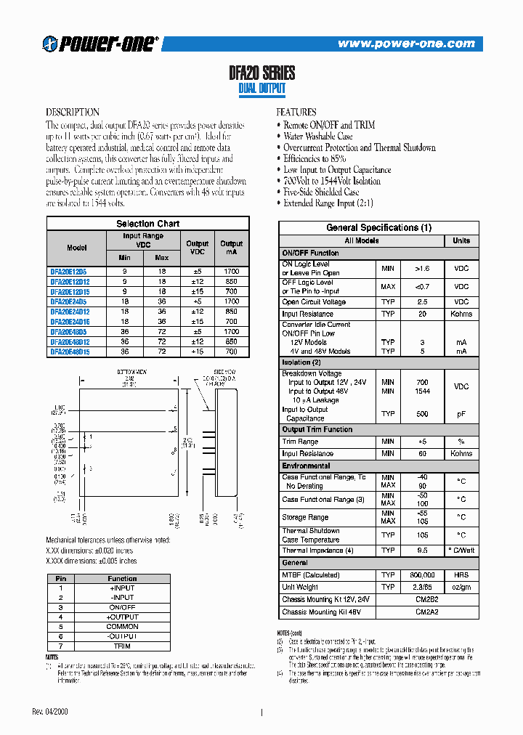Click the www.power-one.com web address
406,44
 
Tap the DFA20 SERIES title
261,73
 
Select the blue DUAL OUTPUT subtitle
261,89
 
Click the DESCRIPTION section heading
73,113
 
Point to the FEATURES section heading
296,113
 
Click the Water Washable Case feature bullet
317,136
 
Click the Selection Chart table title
147,224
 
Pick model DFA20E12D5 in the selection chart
68,271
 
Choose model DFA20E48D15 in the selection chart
70,352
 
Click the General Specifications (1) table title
378,227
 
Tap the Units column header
461,240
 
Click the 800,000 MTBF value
422,574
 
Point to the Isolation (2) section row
301,362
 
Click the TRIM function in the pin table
122,646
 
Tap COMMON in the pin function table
122,626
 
